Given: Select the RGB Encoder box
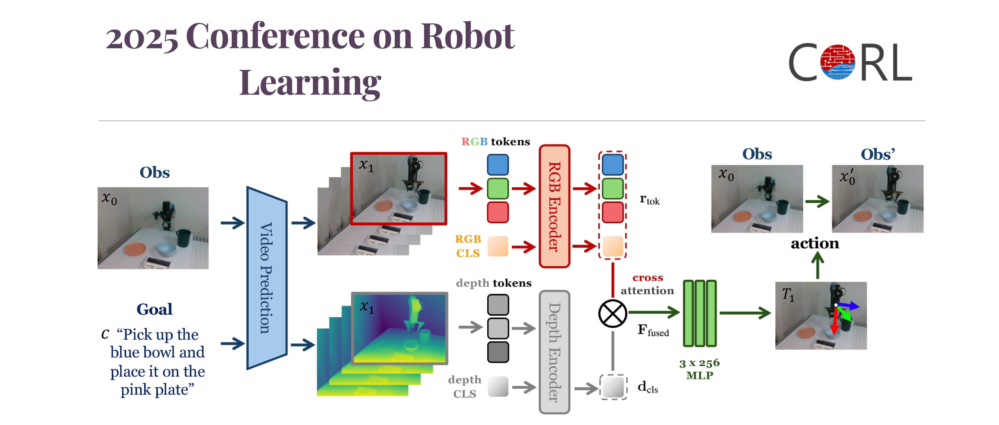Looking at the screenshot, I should tap(554, 206).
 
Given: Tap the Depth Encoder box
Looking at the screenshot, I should tap(554, 352).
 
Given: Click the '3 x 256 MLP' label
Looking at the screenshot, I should tap(699, 369).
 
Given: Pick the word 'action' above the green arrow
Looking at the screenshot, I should tap(815, 243).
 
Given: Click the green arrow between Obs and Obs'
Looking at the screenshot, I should tap(817, 201).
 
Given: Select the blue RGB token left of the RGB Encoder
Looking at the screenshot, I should tap(498, 164).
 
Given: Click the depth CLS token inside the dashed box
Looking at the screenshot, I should tap(613, 387).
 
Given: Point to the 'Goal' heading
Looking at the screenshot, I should tap(154, 309).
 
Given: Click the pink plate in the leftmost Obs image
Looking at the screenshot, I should tap(135, 249).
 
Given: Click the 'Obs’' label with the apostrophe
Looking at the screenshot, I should tap(877, 154).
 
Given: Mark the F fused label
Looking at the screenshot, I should tap(653, 330).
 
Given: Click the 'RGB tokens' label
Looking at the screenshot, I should tap(495, 142).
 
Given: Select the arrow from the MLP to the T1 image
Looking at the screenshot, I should tap(745, 313).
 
